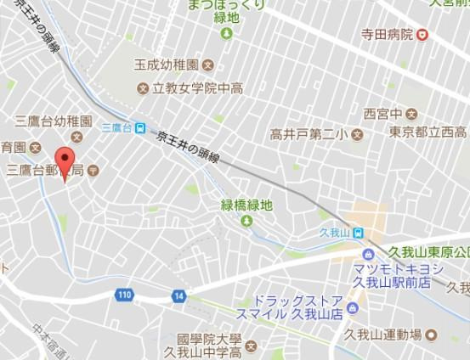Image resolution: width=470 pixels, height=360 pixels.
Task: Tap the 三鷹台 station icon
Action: pyautogui.click(x=128, y=127)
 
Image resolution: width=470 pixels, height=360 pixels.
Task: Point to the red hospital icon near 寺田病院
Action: pyautogui.click(x=422, y=35)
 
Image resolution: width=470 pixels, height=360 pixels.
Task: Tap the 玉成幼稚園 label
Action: pyautogui.click(x=166, y=65)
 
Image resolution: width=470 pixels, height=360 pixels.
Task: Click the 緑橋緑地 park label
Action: pyautogui.click(x=247, y=205)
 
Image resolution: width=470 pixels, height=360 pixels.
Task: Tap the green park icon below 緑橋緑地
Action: pyautogui.click(x=247, y=222)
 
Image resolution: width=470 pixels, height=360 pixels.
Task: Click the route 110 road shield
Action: pyautogui.click(x=125, y=295)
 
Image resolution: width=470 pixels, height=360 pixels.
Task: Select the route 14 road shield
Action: pyautogui.click(x=178, y=295)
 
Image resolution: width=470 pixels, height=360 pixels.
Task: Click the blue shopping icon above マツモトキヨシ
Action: pyautogui.click(x=367, y=254)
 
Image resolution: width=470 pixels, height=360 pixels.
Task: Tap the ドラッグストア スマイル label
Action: pyautogui.click(x=297, y=307)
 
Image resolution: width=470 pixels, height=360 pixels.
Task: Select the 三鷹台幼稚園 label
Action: pyautogui.click(x=51, y=121)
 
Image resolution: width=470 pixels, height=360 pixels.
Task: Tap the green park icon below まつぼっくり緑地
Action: pyautogui.click(x=226, y=33)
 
